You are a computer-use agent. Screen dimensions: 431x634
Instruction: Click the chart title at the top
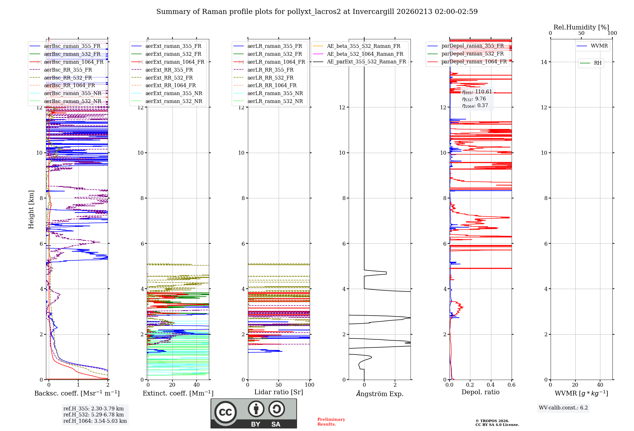click(x=317, y=12)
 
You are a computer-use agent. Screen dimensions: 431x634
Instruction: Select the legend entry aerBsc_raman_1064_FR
click(x=74, y=62)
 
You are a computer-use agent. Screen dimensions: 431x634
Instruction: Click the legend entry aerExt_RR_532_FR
click(x=169, y=78)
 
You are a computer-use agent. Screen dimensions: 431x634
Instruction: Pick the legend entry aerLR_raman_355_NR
click(x=275, y=93)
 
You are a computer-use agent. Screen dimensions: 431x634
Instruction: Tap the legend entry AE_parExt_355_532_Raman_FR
click(x=366, y=61)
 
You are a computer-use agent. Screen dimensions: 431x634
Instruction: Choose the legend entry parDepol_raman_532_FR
click(x=472, y=54)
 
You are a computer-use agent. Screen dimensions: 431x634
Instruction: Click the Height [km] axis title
click(x=31, y=209)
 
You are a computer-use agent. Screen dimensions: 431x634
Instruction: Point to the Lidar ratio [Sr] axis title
click(x=279, y=392)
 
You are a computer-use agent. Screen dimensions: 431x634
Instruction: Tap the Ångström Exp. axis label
click(x=380, y=394)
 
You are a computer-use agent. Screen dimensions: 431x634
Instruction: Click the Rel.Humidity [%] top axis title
click(x=581, y=27)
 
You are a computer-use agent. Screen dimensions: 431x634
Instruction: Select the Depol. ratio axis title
click(x=480, y=392)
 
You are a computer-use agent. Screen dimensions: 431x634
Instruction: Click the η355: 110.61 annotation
click(x=477, y=92)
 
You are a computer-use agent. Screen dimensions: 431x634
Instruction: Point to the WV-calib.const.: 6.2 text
click(x=563, y=408)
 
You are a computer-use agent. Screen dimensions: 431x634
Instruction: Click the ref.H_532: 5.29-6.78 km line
click(x=94, y=415)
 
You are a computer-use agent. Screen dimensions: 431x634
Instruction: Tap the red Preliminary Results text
click(x=331, y=421)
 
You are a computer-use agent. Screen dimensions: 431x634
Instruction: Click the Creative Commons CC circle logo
click(x=225, y=412)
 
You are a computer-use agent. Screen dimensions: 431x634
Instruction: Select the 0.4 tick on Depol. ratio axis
click(x=491, y=385)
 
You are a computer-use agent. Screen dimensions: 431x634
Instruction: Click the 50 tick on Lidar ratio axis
click(x=279, y=385)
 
